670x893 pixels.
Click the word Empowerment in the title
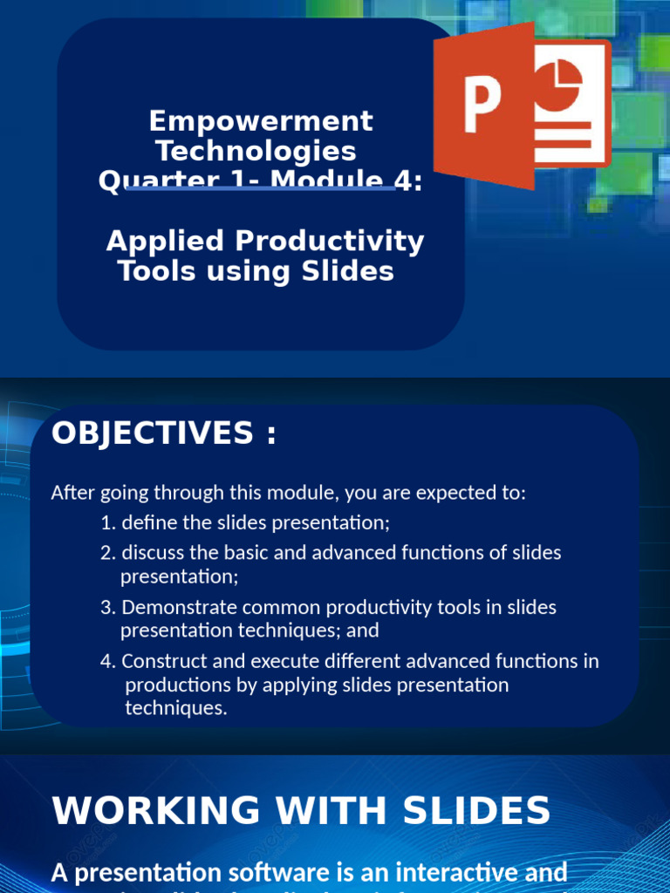(x=261, y=120)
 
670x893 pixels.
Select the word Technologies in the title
(x=256, y=151)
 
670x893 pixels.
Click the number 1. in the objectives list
(x=108, y=523)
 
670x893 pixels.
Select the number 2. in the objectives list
(x=108, y=553)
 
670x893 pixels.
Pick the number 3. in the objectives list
(x=108, y=607)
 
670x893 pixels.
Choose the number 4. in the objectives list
(x=108, y=661)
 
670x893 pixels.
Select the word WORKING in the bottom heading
(x=155, y=811)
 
